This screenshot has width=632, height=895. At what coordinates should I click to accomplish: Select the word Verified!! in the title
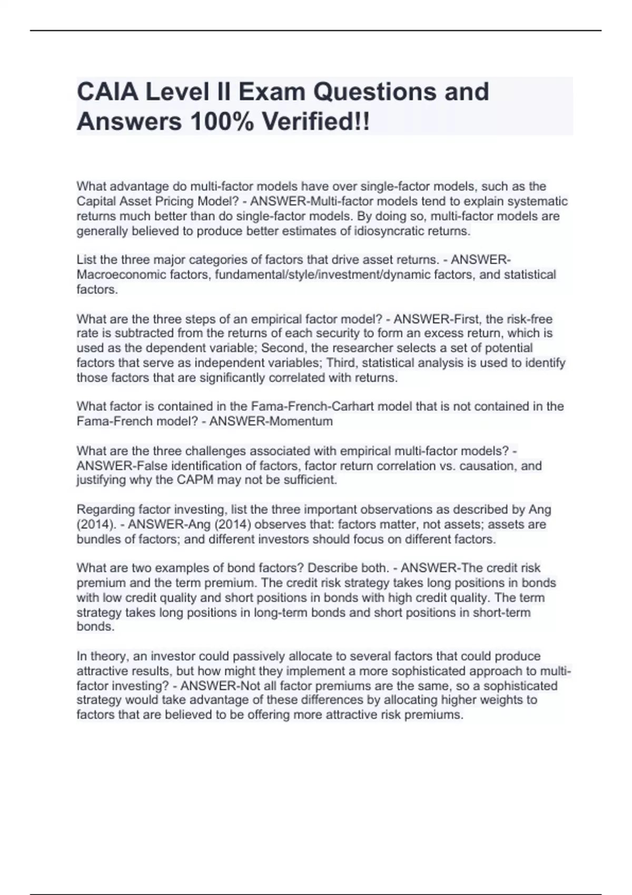(x=316, y=122)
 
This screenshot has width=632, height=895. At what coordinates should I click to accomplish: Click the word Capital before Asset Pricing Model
(x=97, y=202)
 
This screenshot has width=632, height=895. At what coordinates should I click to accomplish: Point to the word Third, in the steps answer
(x=342, y=363)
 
